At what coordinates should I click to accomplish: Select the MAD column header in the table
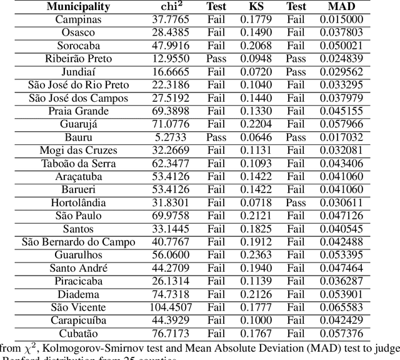341,7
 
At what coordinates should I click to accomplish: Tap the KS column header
257,7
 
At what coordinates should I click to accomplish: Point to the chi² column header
169,7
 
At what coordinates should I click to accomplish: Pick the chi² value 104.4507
170,307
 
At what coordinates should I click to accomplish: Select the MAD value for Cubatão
341,333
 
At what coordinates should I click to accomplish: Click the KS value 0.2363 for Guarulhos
257,254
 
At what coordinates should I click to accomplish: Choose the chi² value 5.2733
170,137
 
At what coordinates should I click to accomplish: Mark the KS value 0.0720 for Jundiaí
257,72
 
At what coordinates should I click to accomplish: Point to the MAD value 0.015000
341,19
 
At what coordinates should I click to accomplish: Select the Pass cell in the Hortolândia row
297,202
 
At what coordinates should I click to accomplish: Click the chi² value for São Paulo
170,216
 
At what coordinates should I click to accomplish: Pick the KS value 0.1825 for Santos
257,229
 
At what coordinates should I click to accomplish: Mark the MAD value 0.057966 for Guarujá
341,124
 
